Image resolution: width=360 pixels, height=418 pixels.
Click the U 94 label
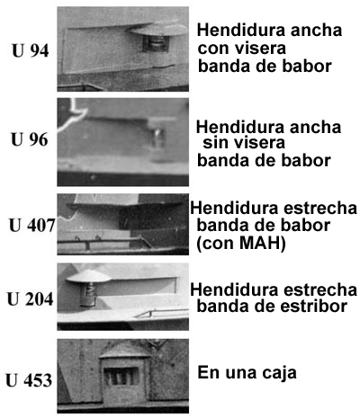click(31, 51)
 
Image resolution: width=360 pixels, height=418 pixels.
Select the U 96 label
click(30, 139)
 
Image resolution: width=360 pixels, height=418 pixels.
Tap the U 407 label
click(32, 226)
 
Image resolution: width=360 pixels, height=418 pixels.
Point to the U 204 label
click(31, 299)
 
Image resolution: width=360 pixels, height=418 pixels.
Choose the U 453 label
click(29, 380)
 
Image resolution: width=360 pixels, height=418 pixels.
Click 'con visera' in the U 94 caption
click(242, 48)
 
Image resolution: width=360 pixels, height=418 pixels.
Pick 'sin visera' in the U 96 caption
click(244, 143)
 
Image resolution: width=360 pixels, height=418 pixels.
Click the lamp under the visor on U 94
click(156, 44)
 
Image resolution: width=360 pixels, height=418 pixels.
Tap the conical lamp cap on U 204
click(88, 276)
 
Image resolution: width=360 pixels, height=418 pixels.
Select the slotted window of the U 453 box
click(121, 377)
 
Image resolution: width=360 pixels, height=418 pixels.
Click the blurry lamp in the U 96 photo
click(158, 138)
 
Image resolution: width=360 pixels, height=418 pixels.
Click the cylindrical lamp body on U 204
click(88, 295)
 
